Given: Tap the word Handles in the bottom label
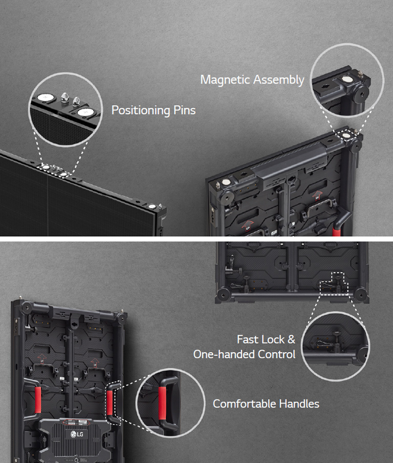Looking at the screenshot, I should pyautogui.click(x=299, y=404).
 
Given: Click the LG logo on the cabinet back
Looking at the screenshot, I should pyautogui.click(x=77, y=435).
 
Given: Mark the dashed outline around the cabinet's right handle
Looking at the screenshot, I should pyautogui.click(x=113, y=402).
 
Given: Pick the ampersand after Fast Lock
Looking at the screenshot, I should pyautogui.click(x=291, y=339).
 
